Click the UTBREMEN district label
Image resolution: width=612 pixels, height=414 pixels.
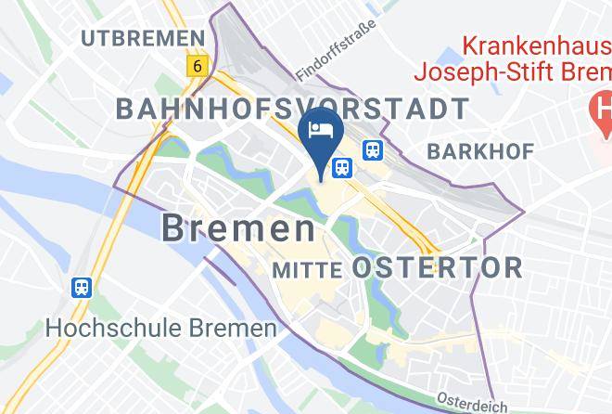click(142, 37)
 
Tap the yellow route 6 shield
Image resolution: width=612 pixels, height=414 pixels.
click(197, 66)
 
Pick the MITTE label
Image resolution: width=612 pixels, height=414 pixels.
click(309, 269)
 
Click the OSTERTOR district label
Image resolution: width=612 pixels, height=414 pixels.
click(438, 268)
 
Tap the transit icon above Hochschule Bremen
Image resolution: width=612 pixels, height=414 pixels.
click(82, 288)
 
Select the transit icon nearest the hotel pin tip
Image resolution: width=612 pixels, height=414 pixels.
click(342, 167)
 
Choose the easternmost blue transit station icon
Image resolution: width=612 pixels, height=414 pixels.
click(373, 149)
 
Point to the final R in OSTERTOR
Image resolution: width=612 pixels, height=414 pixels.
click(513, 268)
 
